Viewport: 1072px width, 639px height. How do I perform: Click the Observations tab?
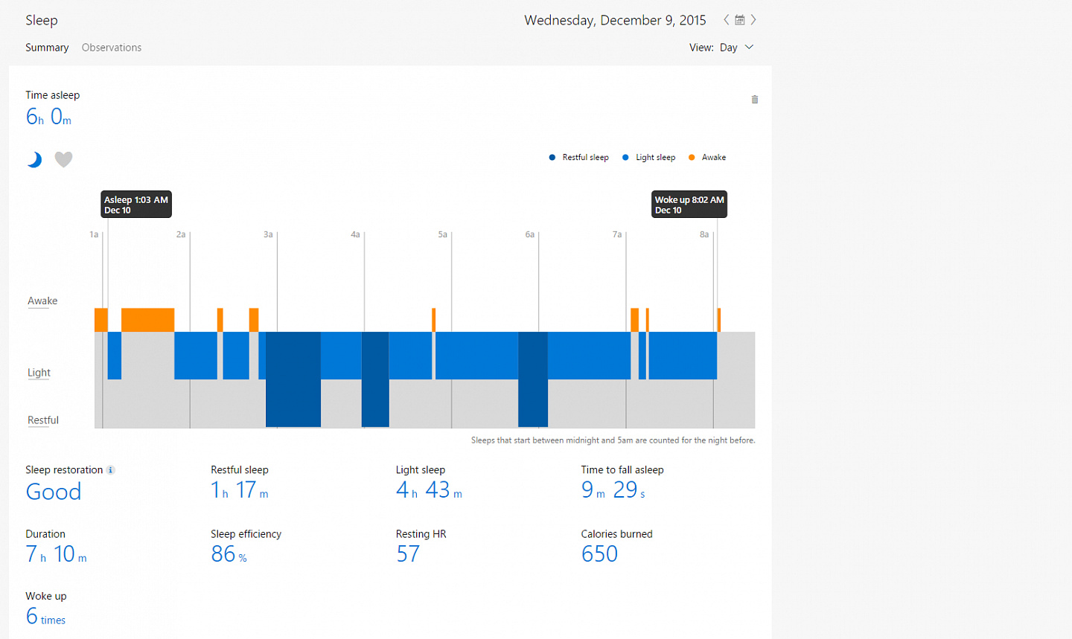click(x=112, y=48)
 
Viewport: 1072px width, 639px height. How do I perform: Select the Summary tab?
click(x=47, y=48)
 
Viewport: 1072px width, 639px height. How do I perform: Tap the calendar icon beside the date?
click(x=739, y=20)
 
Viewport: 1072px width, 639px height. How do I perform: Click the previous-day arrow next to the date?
click(x=726, y=20)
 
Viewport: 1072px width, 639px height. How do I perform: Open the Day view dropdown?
click(x=736, y=48)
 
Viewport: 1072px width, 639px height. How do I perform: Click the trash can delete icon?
click(x=755, y=100)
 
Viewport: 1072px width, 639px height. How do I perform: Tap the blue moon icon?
click(x=34, y=159)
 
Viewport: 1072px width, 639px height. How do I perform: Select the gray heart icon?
click(x=64, y=159)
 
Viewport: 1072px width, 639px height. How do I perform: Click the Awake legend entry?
click(x=707, y=158)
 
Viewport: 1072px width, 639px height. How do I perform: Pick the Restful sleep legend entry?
click(x=579, y=158)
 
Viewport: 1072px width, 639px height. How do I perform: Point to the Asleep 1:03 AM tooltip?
click(x=136, y=205)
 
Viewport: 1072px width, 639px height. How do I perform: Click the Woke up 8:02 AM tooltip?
click(x=689, y=205)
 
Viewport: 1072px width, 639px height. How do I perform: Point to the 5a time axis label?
click(x=443, y=234)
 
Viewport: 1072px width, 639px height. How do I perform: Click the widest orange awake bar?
click(x=148, y=320)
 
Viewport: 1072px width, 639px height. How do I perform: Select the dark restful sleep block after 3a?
click(x=293, y=379)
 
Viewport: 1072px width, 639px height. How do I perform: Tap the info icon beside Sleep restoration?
click(x=110, y=470)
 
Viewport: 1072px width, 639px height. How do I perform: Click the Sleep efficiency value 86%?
click(x=229, y=554)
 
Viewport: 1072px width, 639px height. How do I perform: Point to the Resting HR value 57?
click(x=408, y=554)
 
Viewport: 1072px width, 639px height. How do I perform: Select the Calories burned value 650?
click(x=599, y=554)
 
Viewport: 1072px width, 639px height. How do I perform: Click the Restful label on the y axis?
click(x=43, y=420)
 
